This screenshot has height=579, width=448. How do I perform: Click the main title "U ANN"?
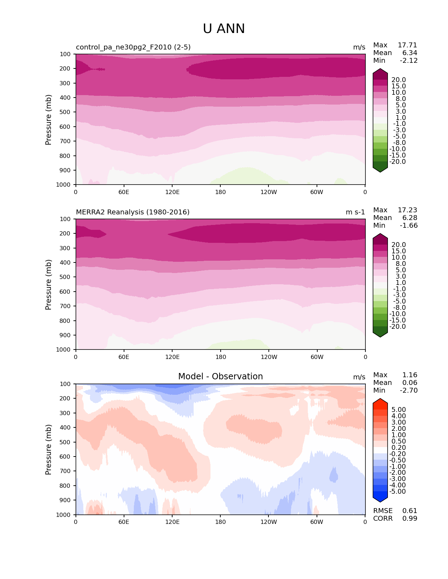pos(224,29)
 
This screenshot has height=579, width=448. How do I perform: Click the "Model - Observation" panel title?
pos(220,377)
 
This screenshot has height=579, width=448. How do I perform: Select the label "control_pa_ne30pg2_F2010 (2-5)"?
pos(133,47)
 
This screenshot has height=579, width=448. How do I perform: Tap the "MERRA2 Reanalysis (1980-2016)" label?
pos(132,212)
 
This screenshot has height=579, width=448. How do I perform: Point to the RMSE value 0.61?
pos(410,511)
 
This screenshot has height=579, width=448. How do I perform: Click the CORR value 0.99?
pos(410,519)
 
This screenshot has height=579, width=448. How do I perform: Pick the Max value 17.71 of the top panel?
pos(407,45)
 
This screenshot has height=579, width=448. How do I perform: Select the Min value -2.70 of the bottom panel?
pos(409,391)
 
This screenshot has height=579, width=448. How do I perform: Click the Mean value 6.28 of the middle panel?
pos(410,218)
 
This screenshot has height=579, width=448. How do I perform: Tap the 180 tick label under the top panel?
pos(220,192)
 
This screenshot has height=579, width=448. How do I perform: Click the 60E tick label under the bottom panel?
pos(124,522)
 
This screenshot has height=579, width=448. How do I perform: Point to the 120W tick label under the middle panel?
pos(269,357)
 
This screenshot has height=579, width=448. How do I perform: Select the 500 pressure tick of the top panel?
pos(65,112)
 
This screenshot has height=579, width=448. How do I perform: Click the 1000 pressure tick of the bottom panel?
pos(64,515)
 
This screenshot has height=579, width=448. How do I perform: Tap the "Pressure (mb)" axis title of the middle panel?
pos(48,285)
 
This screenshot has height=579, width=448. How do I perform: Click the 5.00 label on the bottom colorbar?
pos(398,410)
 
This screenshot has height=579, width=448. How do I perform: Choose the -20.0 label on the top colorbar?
pos(397,162)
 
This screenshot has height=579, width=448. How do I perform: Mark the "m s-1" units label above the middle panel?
pos(355,212)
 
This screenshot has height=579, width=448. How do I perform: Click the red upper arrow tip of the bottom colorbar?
pos(380,400)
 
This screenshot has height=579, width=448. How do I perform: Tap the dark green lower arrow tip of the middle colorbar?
pos(380,335)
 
